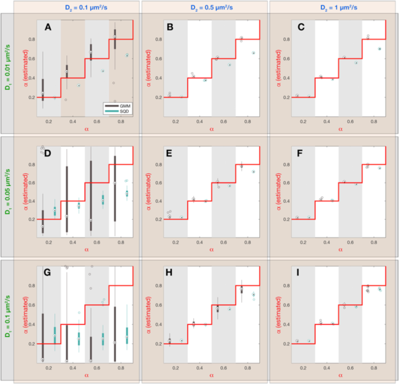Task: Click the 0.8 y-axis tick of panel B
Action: (158, 39)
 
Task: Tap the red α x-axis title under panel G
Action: (86, 376)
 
